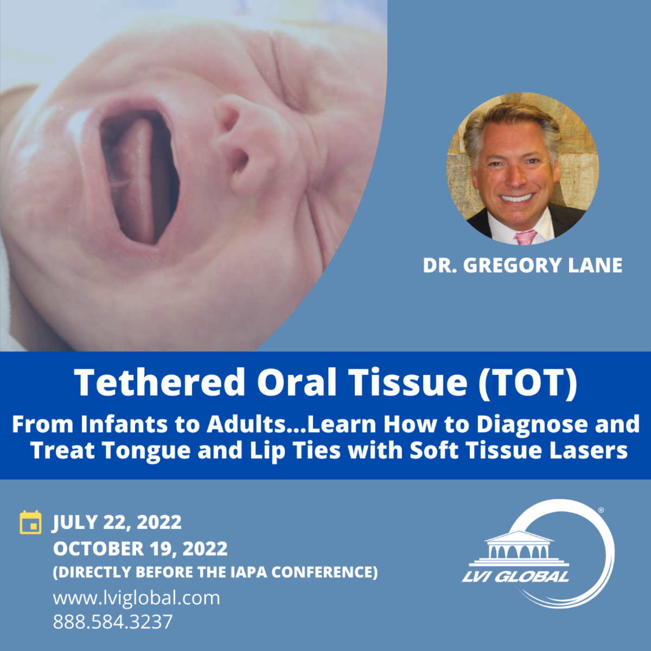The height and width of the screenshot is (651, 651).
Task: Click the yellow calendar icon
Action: click(x=30, y=522)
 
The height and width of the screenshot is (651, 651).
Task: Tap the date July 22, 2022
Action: click(x=117, y=522)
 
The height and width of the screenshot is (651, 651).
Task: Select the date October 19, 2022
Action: click(x=140, y=548)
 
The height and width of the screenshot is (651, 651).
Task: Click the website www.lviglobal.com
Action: click(x=137, y=598)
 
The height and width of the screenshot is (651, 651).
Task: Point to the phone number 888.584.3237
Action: click(x=113, y=622)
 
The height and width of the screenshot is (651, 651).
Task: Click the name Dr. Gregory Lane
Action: click(x=522, y=265)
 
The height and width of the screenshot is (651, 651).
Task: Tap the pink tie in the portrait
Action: click(x=525, y=237)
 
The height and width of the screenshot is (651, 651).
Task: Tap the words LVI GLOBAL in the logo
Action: click(x=516, y=576)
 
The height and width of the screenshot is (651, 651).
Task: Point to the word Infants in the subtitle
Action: click(x=125, y=424)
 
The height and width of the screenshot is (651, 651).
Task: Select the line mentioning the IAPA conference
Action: click(x=215, y=572)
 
